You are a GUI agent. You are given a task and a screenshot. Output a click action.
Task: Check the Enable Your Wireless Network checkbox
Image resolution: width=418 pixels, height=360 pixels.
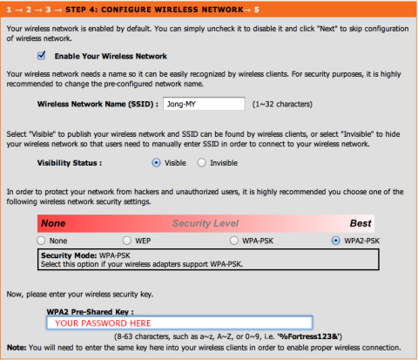click(41, 55)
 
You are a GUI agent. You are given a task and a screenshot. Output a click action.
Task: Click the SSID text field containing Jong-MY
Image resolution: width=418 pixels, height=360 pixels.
click(204, 104)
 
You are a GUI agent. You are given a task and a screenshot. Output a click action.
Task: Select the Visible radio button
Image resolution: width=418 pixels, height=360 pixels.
click(156, 163)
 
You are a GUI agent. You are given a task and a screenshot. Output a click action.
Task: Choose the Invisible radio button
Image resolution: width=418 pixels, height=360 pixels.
click(201, 163)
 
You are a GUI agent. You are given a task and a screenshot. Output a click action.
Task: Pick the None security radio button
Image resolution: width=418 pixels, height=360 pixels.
click(41, 241)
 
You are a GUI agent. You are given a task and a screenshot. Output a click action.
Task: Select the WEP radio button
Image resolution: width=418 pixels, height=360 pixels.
click(127, 241)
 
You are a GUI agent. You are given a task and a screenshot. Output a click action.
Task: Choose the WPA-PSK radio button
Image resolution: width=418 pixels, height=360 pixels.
click(234, 241)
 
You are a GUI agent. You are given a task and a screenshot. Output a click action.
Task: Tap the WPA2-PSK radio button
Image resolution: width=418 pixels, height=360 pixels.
click(336, 241)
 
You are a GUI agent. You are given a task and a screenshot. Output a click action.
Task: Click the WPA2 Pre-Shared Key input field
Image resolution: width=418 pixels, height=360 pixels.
click(179, 323)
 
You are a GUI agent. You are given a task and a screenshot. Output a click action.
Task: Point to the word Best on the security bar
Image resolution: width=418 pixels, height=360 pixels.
click(361, 223)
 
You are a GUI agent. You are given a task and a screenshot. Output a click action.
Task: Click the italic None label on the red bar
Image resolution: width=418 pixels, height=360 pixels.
click(53, 223)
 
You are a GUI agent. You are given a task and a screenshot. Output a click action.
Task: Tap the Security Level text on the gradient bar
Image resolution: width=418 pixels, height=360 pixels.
click(206, 223)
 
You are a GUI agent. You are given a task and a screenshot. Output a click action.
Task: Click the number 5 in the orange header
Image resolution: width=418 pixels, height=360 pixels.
click(257, 10)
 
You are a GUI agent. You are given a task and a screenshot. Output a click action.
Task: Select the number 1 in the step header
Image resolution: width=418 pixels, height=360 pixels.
click(9, 10)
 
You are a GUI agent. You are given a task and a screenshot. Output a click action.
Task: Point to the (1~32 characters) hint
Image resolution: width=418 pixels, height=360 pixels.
click(282, 104)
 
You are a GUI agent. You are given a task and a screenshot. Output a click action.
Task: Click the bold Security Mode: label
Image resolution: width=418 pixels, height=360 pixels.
click(69, 255)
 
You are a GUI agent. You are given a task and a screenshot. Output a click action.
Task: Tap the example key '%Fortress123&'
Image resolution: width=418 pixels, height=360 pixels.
click(308, 336)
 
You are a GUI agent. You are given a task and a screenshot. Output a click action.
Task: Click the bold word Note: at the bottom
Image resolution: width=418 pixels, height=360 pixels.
click(17, 348)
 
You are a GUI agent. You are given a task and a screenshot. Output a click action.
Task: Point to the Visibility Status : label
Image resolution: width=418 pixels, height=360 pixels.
click(70, 163)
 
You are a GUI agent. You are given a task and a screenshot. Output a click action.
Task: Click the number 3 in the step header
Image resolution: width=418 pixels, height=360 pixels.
click(48, 10)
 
